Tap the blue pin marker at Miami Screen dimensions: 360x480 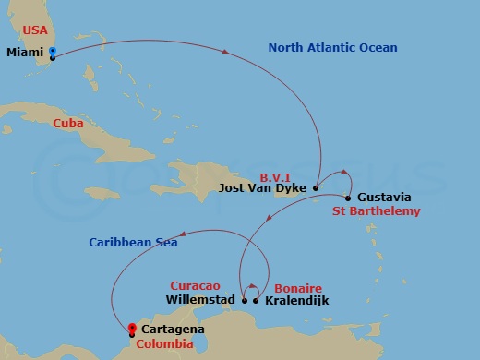[53, 53]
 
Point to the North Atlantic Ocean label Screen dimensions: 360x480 [332, 48]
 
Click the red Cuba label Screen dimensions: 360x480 [68, 123]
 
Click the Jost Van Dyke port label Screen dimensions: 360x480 [263, 188]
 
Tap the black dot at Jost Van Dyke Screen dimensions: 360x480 [316, 188]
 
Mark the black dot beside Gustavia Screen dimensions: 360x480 [348, 198]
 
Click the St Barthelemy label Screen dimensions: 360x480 [377, 211]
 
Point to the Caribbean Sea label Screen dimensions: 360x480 [133, 243]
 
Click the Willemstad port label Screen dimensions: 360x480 [200, 300]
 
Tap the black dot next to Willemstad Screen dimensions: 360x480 [245, 300]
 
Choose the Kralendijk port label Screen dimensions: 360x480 [296, 301]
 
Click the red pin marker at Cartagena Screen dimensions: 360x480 [132, 329]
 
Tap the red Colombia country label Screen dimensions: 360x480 [163, 344]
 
